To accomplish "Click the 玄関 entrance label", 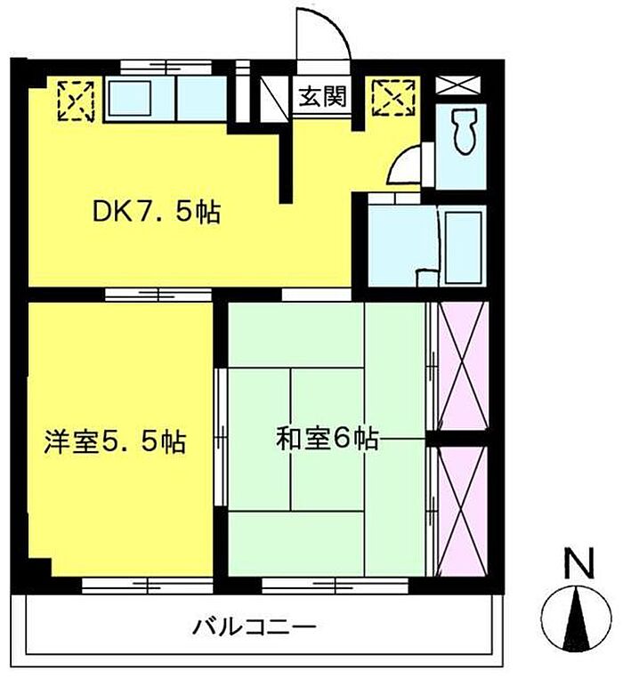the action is pyautogui.click(x=323, y=96).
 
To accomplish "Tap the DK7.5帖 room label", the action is pyautogui.click(x=157, y=212).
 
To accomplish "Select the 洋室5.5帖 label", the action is pyautogui.click(x=115, y=441).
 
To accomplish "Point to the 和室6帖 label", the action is pyautogui.click(x=328, y=439).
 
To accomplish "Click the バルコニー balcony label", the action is pyautogui.click(x=255, y=627).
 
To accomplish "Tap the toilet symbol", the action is pyautogui.click(x=464, y=131).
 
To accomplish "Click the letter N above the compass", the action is pyautogui.click(x=578, y=563).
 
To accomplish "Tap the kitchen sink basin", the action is pyautogui.click(x=129, y=98).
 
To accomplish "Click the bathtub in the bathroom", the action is pyautogui.click(x=463, y=247).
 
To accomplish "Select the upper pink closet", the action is pyautogui.click(x=464, y=366).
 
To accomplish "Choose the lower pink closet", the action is pyautogui.click(x=464, y=511).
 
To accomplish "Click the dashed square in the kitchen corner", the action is pyautogui.click(x=76, y=101).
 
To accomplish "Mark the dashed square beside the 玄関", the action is pyautogui.click(x=394, y=97).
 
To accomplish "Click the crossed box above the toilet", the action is pyautogui.click(x=458, y=85).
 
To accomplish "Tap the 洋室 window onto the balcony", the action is pyautogui.click(x=147, y=586).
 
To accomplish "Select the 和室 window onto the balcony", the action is pyautogui.click(x=336, y=586).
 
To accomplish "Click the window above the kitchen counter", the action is pyautogui.click(x=166, y=68).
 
